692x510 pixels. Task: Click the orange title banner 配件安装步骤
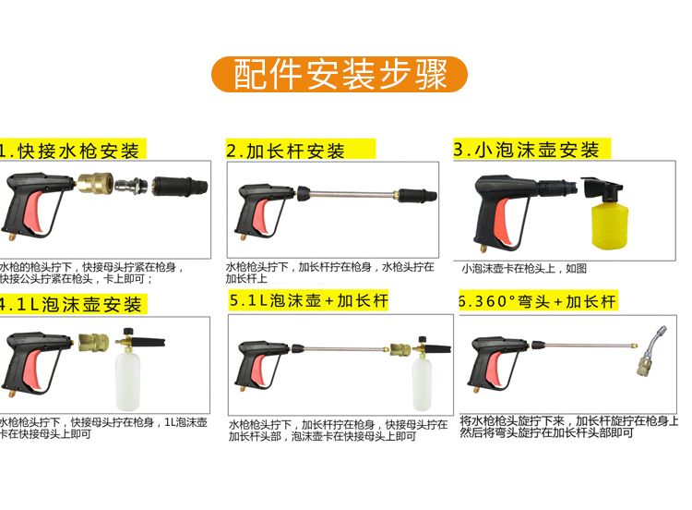coord(339,74)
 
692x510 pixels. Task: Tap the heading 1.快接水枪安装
coord(70,151)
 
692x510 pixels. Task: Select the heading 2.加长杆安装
coord(285,151)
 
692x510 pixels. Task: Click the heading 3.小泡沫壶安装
coord(526,150)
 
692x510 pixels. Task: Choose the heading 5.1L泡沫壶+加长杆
coord(308,300)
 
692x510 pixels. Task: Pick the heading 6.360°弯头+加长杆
coord(537,301)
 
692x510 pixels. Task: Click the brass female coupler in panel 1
coord(95,184)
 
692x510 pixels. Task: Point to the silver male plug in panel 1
coord(132,185)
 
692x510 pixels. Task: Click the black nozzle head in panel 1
coord(180,186)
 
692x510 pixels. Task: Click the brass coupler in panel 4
coord(93,343)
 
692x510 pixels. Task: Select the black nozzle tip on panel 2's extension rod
coord(417,195)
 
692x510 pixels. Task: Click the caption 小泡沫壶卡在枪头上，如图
coord(524,268)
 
